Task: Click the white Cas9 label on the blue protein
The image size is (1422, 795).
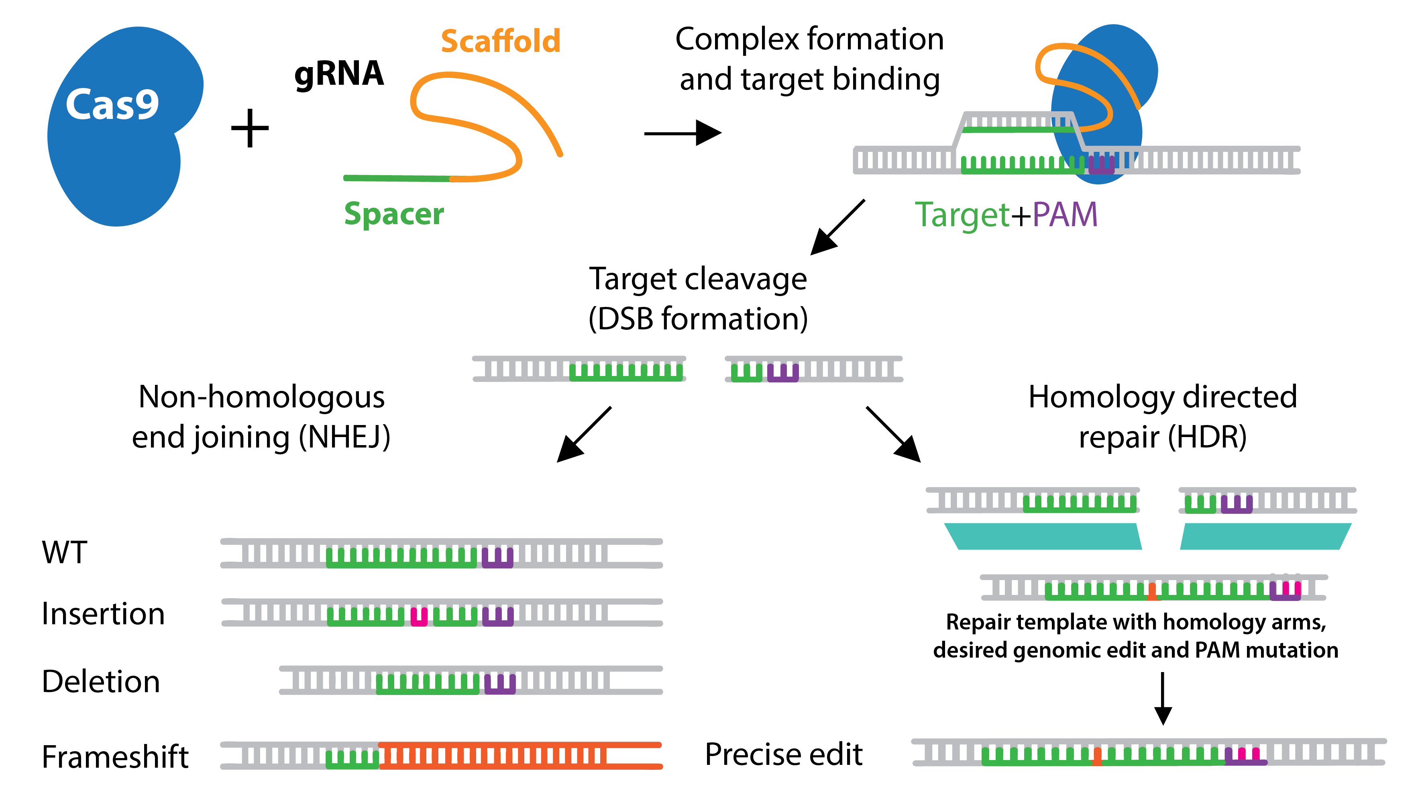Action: (112, 104)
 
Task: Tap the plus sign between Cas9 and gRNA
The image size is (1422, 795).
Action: (250, 128)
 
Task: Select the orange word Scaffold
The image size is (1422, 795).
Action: (500, 41)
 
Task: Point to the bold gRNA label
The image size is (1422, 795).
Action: (339, 74)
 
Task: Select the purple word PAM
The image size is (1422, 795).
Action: (1065, 215)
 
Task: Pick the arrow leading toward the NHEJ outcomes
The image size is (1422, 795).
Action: (583, 435)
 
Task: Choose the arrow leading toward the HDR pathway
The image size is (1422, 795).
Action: (894, 435)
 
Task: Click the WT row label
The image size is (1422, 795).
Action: (65, 552)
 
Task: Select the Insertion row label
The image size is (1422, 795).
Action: (103, 614)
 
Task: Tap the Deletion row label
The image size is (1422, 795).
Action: (101, 681)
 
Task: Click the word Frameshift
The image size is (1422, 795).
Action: (115, 757)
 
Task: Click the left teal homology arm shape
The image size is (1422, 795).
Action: (1042, 536)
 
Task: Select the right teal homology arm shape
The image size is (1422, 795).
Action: (1265, 536)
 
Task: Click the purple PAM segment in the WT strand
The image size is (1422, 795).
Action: (497, 558)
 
